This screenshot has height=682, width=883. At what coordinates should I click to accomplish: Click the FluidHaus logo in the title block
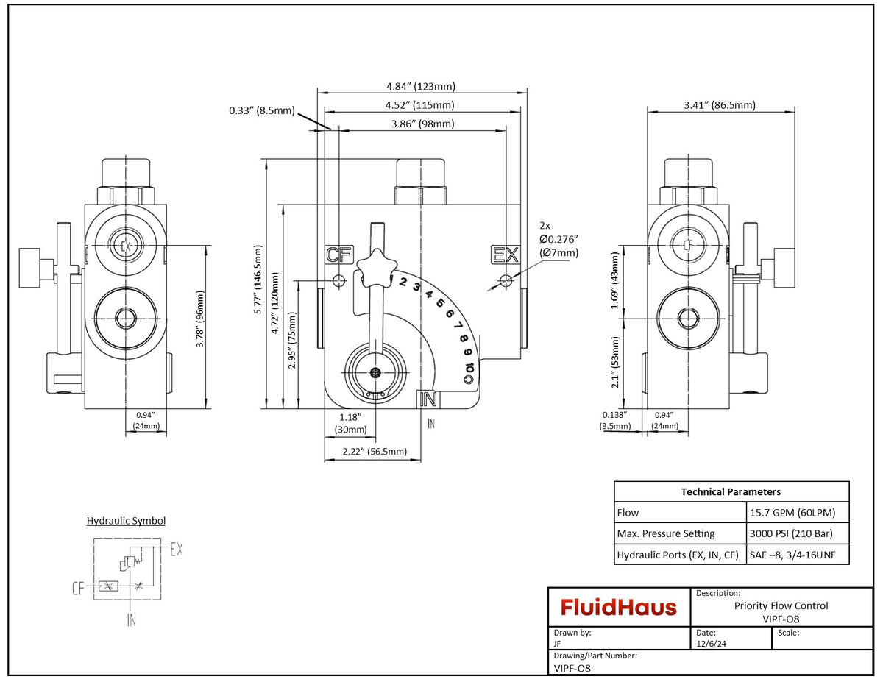pos(619,607)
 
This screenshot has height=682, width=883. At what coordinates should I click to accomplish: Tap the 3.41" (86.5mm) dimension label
pos(720,105)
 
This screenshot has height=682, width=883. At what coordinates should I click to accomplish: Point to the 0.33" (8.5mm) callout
pos(261,111)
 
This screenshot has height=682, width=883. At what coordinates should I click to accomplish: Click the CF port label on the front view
pos(338,255)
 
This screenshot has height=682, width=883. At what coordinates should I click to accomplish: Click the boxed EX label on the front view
pos(506,255)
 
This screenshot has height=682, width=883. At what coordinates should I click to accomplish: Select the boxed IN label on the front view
pos(428,399)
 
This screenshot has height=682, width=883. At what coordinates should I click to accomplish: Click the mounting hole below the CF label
pos(339,280)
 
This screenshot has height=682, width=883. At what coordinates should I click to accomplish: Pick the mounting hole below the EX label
pos(506,280)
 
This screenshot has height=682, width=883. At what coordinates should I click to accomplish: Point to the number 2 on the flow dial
pos(403,280)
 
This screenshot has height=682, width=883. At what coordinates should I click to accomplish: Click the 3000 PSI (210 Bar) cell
pos(791,533)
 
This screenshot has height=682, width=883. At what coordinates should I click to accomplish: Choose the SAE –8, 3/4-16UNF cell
pos(796,555)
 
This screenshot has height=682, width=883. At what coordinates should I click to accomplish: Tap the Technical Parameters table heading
pos(731,491)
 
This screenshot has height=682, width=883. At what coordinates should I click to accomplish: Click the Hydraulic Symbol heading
pos(126,521)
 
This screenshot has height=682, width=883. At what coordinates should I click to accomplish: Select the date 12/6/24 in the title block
pos(709,644)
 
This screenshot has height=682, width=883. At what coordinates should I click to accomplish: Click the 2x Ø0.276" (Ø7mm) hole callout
pos(558,239)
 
